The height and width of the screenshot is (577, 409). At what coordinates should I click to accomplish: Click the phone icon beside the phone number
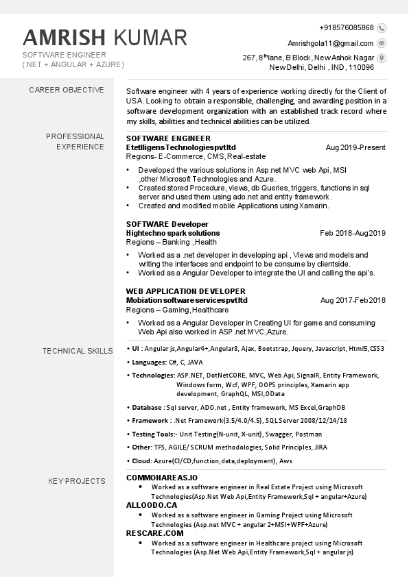pyautogui.click(x=382, y=28)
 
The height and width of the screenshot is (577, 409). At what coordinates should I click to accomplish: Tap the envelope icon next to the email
pyautogui.click(x=382, y=43)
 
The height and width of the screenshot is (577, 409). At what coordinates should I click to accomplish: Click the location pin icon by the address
pyautogui.click(x=382, y=58)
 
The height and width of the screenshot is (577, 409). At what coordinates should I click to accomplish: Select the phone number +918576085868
pyautogui.click(x=347, y=28)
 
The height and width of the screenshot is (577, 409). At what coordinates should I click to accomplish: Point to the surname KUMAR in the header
pyautogui.click(x=150, y=37)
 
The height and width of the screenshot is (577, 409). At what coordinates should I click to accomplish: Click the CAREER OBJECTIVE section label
pyautogui.click(x=67, y=90)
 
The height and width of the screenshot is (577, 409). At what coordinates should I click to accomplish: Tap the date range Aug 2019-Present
pyautogui.click(x=355, y=147)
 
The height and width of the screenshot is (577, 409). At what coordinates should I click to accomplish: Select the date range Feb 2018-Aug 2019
pyautogui.click(x=353, y=233)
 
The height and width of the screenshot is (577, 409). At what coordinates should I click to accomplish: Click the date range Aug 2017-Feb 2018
pyautogui.click(x=353, y=300)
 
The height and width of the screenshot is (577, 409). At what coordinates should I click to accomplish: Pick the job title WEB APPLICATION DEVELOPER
pyautogui.click(x=185, y=291)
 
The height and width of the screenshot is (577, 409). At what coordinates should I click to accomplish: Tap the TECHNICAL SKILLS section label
pyautogui.click(x=78, y=351)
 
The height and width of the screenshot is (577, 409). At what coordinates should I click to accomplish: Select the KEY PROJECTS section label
pyautogui.click(x=77, y=481)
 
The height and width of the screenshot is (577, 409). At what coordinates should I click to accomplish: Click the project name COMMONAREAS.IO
pyautogui.click(x=162, y=477)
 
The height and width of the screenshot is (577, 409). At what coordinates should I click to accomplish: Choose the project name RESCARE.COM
pyautogui.click(x=155, y=532)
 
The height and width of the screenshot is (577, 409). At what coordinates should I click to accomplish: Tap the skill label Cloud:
pyautogui.click(x=142, y=461)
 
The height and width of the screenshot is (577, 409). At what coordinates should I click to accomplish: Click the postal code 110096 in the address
pyautogui.click(x=361, y=68)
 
